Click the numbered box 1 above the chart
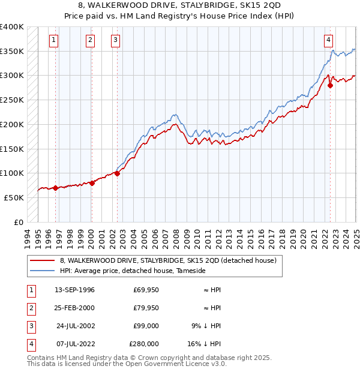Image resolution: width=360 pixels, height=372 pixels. (x=54, y=40)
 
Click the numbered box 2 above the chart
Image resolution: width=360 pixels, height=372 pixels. (x=90, y=40)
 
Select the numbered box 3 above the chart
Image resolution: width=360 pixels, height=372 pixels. (x=115, y=40)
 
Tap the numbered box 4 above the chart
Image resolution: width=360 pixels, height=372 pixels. (x=329, y=40)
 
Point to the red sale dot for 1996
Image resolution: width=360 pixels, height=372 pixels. (x=56, y=188)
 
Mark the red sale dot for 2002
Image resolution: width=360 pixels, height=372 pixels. (x=118, y=173)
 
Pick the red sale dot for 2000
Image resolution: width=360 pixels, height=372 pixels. (x=92, y=183)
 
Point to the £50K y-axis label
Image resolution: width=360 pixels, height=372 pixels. (x=14, y=197)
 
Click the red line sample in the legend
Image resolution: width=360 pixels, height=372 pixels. (x=43, y=260)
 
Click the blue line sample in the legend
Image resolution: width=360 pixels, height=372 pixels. (x=43, y=271)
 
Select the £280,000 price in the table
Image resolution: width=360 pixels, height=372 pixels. (x=144, y=344)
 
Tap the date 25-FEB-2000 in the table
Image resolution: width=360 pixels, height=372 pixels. (x=74, y=308)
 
